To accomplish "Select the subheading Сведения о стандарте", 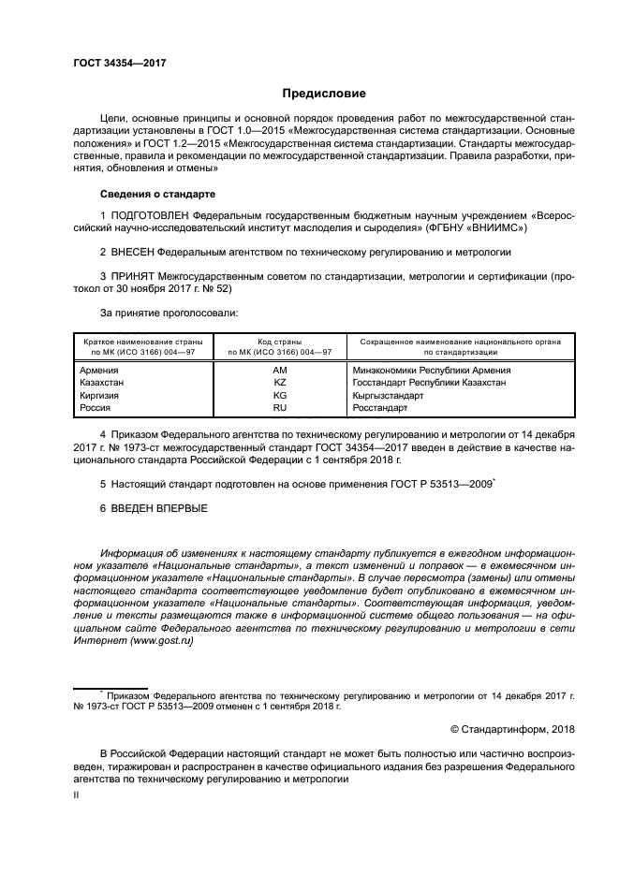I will [x=157, y=194].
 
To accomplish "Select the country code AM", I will [x=279, y=371].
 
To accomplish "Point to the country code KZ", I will [x=279, y=383].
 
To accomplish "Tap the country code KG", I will [x=279, y=396].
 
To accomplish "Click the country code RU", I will [x=279, y=408].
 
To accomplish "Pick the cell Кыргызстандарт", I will [x=388, y=396].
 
